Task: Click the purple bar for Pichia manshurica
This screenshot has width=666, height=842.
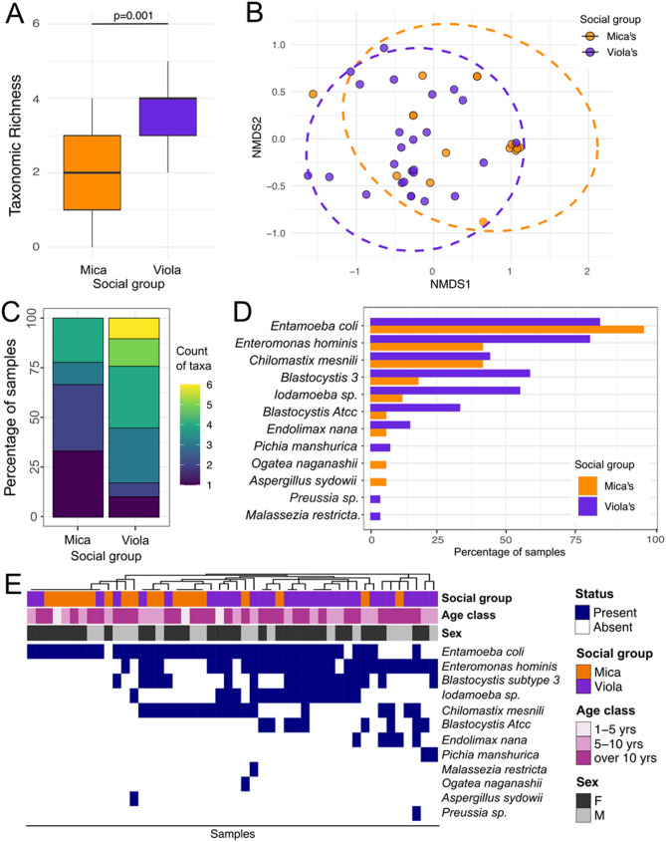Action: (x=380, y=446)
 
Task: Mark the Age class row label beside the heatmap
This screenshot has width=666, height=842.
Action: (x=471, y=616)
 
